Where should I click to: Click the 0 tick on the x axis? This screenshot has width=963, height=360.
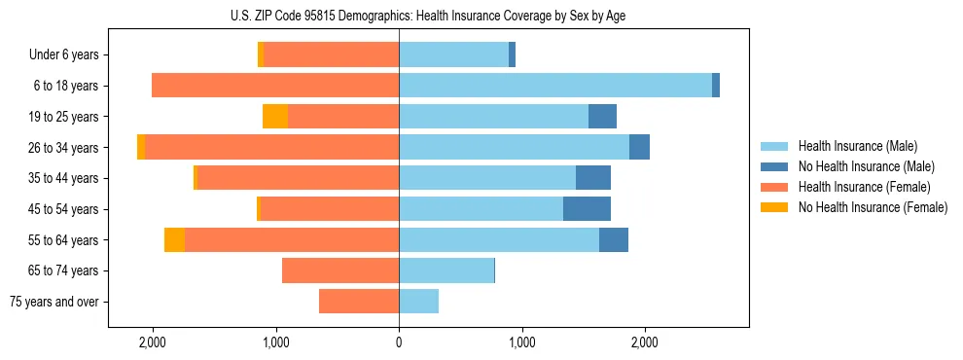[x=399, y=342]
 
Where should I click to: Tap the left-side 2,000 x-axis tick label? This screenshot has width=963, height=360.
[x=153, y=342]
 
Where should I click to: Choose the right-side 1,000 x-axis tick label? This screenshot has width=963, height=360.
[x=522, y=342]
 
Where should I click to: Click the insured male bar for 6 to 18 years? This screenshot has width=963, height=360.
[x=554, y=86]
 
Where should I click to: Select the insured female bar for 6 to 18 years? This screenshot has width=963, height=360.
[x=275, y=86]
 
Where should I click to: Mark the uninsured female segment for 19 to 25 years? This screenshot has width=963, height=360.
[x=275, y=117]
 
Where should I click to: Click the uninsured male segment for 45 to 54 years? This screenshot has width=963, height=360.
[x=587, y=209]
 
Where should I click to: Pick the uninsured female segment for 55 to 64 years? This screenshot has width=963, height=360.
[x=174, y=239]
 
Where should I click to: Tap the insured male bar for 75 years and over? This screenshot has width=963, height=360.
[x=418, y=302]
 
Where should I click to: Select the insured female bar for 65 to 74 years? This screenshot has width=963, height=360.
[x=340, y=270]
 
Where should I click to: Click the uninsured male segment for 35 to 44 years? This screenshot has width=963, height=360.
[x=593, y=178]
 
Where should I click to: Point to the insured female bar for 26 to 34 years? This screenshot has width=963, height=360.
[x=272, y=148]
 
